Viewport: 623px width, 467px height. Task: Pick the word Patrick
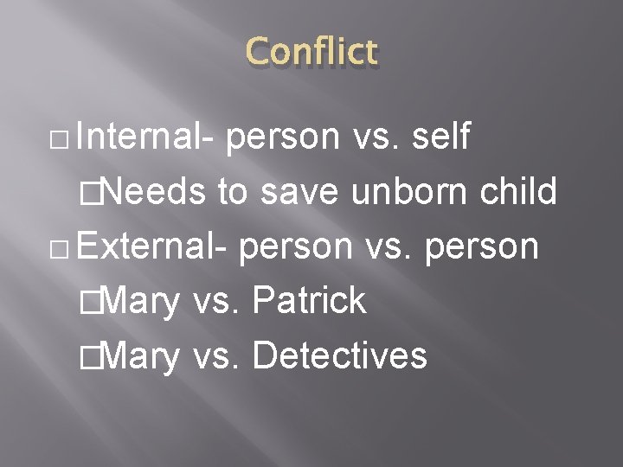[x=310, y=300]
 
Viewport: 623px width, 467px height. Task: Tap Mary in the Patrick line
[x=143, y=300]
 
